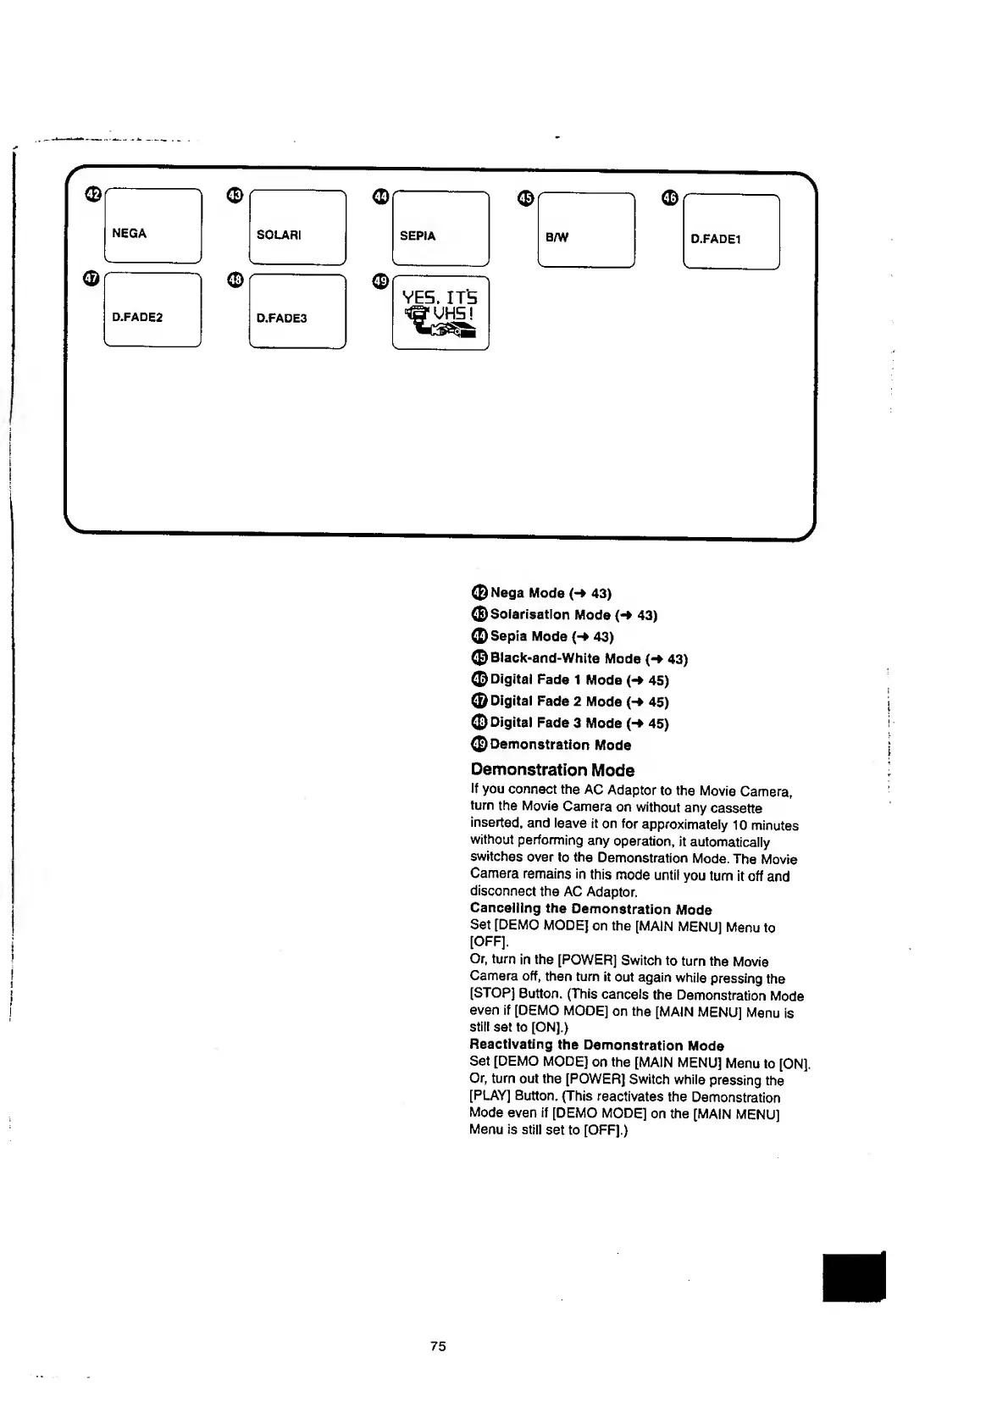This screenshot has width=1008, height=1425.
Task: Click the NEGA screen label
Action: tap(130, 233)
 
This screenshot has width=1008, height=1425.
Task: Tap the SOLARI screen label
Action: tap(279, 235)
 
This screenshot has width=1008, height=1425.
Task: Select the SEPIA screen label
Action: tap(418, 236)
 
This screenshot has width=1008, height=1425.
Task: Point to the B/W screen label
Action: tap(557, 237)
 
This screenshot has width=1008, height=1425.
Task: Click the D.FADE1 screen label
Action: tap(716, 239)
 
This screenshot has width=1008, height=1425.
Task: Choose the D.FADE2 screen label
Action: tap(137, 317)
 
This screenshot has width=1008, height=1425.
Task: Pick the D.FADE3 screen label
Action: tap(281, 318)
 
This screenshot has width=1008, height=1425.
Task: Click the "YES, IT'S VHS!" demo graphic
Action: tap(440, 313)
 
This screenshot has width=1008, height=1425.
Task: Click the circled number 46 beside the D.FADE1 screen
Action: tap(670, 198)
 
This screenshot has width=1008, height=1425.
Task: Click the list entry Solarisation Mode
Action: tap(573, 614)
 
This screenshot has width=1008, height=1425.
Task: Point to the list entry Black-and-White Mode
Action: tap(589, 658)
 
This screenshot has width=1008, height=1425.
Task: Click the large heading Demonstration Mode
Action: tap(552, 770)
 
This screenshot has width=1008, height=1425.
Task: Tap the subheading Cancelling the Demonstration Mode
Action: tap(590, 910)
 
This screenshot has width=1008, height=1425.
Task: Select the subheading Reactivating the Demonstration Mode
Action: tap(596, 1045)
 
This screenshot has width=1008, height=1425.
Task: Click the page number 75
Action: tap(438, 1346)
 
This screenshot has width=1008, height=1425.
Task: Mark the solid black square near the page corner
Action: tap(853, 1278)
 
